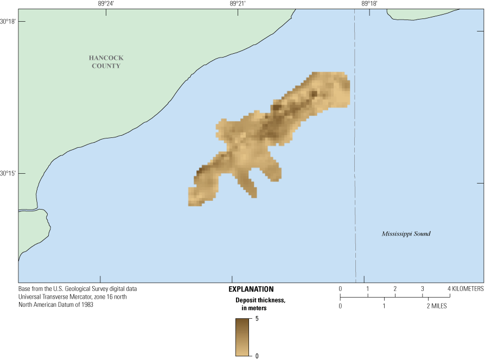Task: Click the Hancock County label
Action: (x=105, y=61)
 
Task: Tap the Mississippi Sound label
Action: (x=406, y=234)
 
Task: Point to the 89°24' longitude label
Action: (x=106, y=3)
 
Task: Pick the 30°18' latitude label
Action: (x=8, y=22)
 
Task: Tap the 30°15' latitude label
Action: (x=8, y=173)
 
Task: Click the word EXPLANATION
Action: (x=251, y=289)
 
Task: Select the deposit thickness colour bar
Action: (x=242, y=337)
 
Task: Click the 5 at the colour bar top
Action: (x=257, y=319)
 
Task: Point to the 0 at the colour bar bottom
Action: (x=257, y=356)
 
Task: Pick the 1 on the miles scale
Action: (x=384, y=306)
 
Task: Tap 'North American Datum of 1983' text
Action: (x=56, y=305)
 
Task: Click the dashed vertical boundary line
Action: (x=355, y=163)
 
